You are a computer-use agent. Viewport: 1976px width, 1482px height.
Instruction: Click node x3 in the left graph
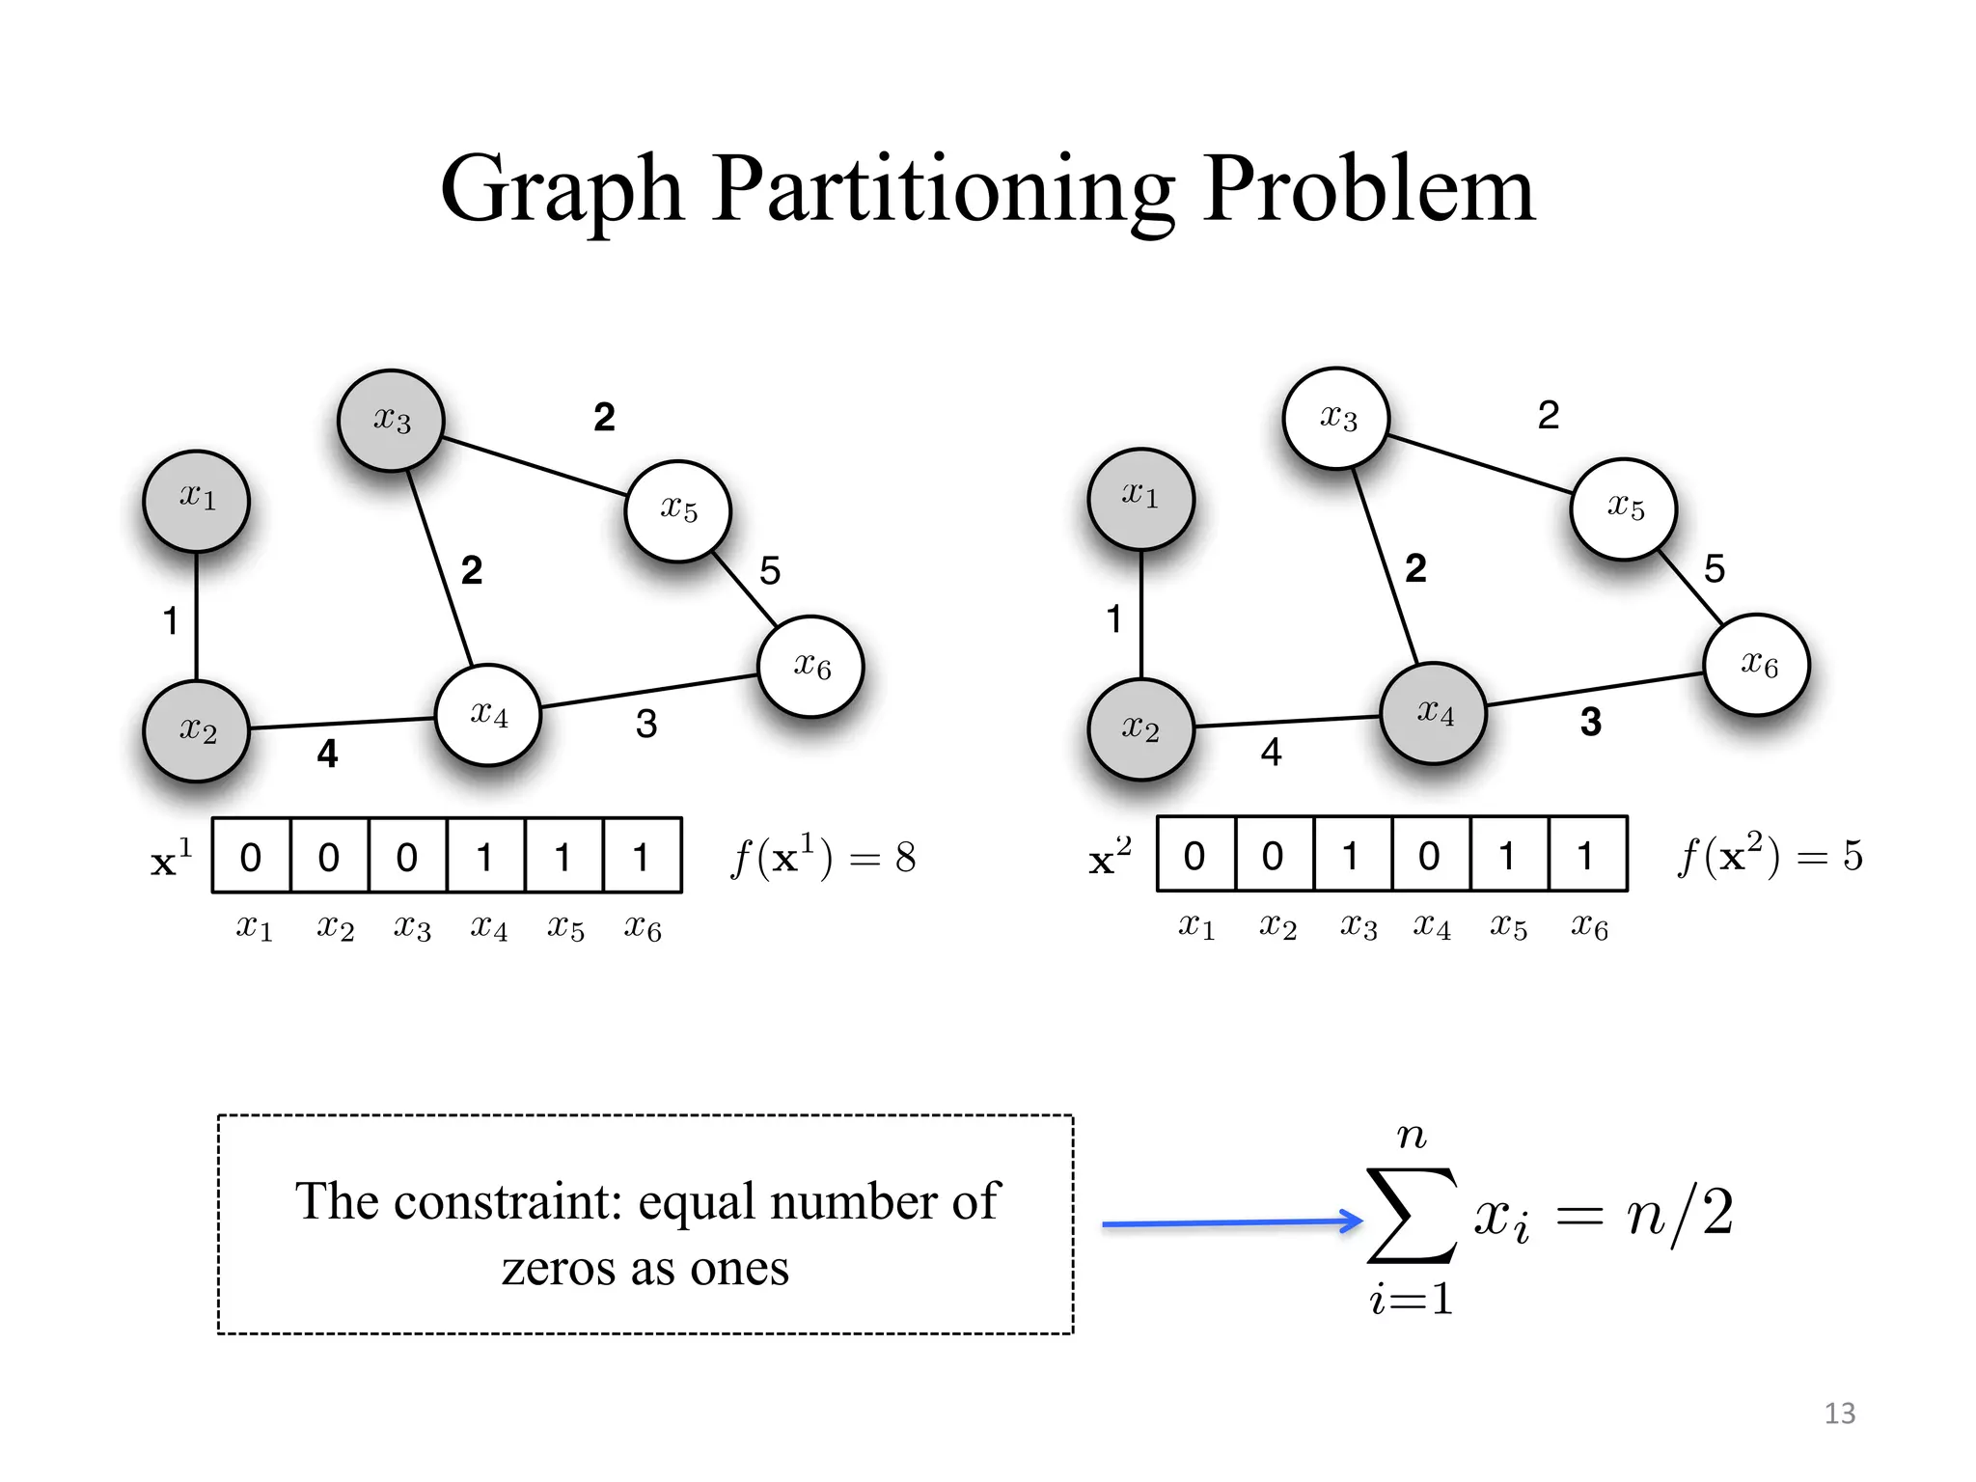pyautogui.click(x=391, y=421)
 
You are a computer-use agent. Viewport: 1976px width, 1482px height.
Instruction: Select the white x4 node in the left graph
pyautogui.click(x=488, y=715)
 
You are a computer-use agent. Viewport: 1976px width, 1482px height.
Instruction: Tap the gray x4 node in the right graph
pyautogui.click(x=1434, y=713)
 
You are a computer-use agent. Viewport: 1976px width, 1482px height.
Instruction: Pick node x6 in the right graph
pyautogui.click(x=1757, y=665)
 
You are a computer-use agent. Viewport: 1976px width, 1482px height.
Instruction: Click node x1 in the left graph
pyautogui.click(x=197, y=501)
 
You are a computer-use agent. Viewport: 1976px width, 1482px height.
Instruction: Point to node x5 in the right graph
pyautogui.click(x=1624, y=508)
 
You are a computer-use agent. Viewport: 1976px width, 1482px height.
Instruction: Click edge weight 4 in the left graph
pyautogui.click(x=328, y=754)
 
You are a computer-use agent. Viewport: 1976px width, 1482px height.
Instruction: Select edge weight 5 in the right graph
pyautogui.click(x=1715, y=569)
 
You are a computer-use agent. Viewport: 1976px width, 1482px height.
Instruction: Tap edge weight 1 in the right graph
pyautogui.click(x=1114, y=619)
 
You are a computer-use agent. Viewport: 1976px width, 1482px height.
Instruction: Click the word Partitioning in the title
pyautogui.click(x=944, y=189)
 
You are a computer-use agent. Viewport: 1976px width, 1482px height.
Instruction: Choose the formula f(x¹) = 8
pyautogui.click(x=823, y=857)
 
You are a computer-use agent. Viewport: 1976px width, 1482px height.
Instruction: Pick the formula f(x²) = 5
pyautogui.click(x=1770, y=855)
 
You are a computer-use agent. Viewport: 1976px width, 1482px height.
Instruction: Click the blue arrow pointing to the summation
pyautogui.click(x=1231, y=1222)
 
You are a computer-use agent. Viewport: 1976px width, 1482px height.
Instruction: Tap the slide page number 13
pyautogui.click(x=1840, y=1413)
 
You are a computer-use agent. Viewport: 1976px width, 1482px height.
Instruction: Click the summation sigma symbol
pyautogui.click(x=1412, y=1216)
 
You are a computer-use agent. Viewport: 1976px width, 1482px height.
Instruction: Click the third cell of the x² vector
pyautogui.click(x=1352, y=855)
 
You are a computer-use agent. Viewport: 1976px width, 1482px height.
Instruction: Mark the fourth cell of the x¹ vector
pyautogui.click(x=485, y=857)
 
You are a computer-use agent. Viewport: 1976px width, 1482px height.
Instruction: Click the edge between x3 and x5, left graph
pyautogui.click(x=534, y=467)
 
